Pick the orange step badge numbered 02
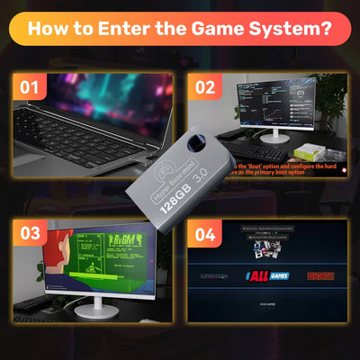tap(206, 87)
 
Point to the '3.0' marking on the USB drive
tap(192, 174)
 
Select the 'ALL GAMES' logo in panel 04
tap(267, 274)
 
